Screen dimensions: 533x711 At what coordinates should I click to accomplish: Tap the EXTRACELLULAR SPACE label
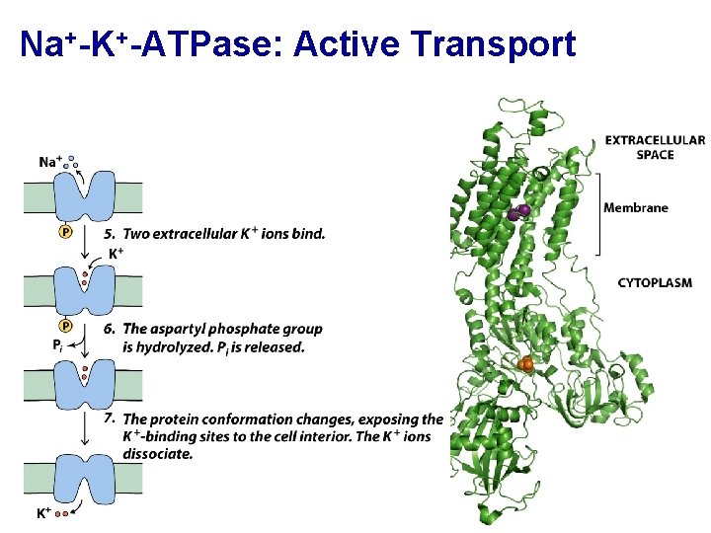[655, 147]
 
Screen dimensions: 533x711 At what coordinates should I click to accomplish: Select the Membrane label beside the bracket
[636, 207]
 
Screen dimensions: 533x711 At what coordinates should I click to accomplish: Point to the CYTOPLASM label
[655, 283]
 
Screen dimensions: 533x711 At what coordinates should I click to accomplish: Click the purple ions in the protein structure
[519, 211]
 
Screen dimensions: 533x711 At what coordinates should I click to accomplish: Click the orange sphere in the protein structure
[525, 365]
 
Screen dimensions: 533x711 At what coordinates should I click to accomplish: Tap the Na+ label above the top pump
[50, 162]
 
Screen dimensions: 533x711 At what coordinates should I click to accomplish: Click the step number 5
[110, 234]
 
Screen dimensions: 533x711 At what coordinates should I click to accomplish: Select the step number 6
[110, 329]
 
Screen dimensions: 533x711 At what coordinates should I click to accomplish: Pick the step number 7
[110, 419]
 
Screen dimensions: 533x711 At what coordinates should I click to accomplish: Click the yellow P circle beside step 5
[65, 232]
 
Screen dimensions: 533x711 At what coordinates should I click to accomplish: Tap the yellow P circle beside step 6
[65, 326]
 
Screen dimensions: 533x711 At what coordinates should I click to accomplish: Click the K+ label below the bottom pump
[44, 513]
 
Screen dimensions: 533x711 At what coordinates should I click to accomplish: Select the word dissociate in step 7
[158, 454]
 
